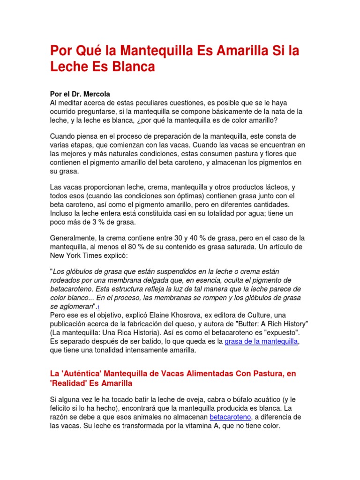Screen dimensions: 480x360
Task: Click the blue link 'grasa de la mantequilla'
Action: click(x=261, y=341)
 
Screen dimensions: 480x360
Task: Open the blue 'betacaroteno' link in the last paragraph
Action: click(x=231, y=417)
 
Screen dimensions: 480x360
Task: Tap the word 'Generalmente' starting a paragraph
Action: click(x=72, y=238)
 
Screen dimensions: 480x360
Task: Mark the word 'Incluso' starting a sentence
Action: click(x=62, y=213)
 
